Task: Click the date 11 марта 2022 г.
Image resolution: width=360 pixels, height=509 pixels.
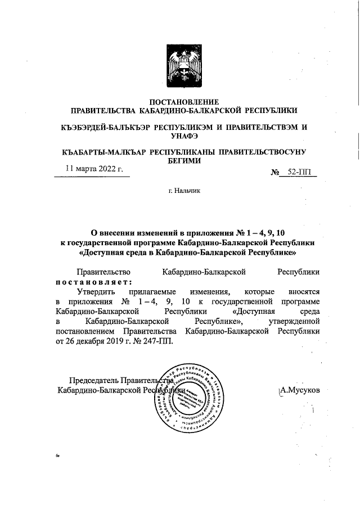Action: click(x=93, y=168)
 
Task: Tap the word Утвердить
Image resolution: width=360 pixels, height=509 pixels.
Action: click(x=96, y=292)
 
